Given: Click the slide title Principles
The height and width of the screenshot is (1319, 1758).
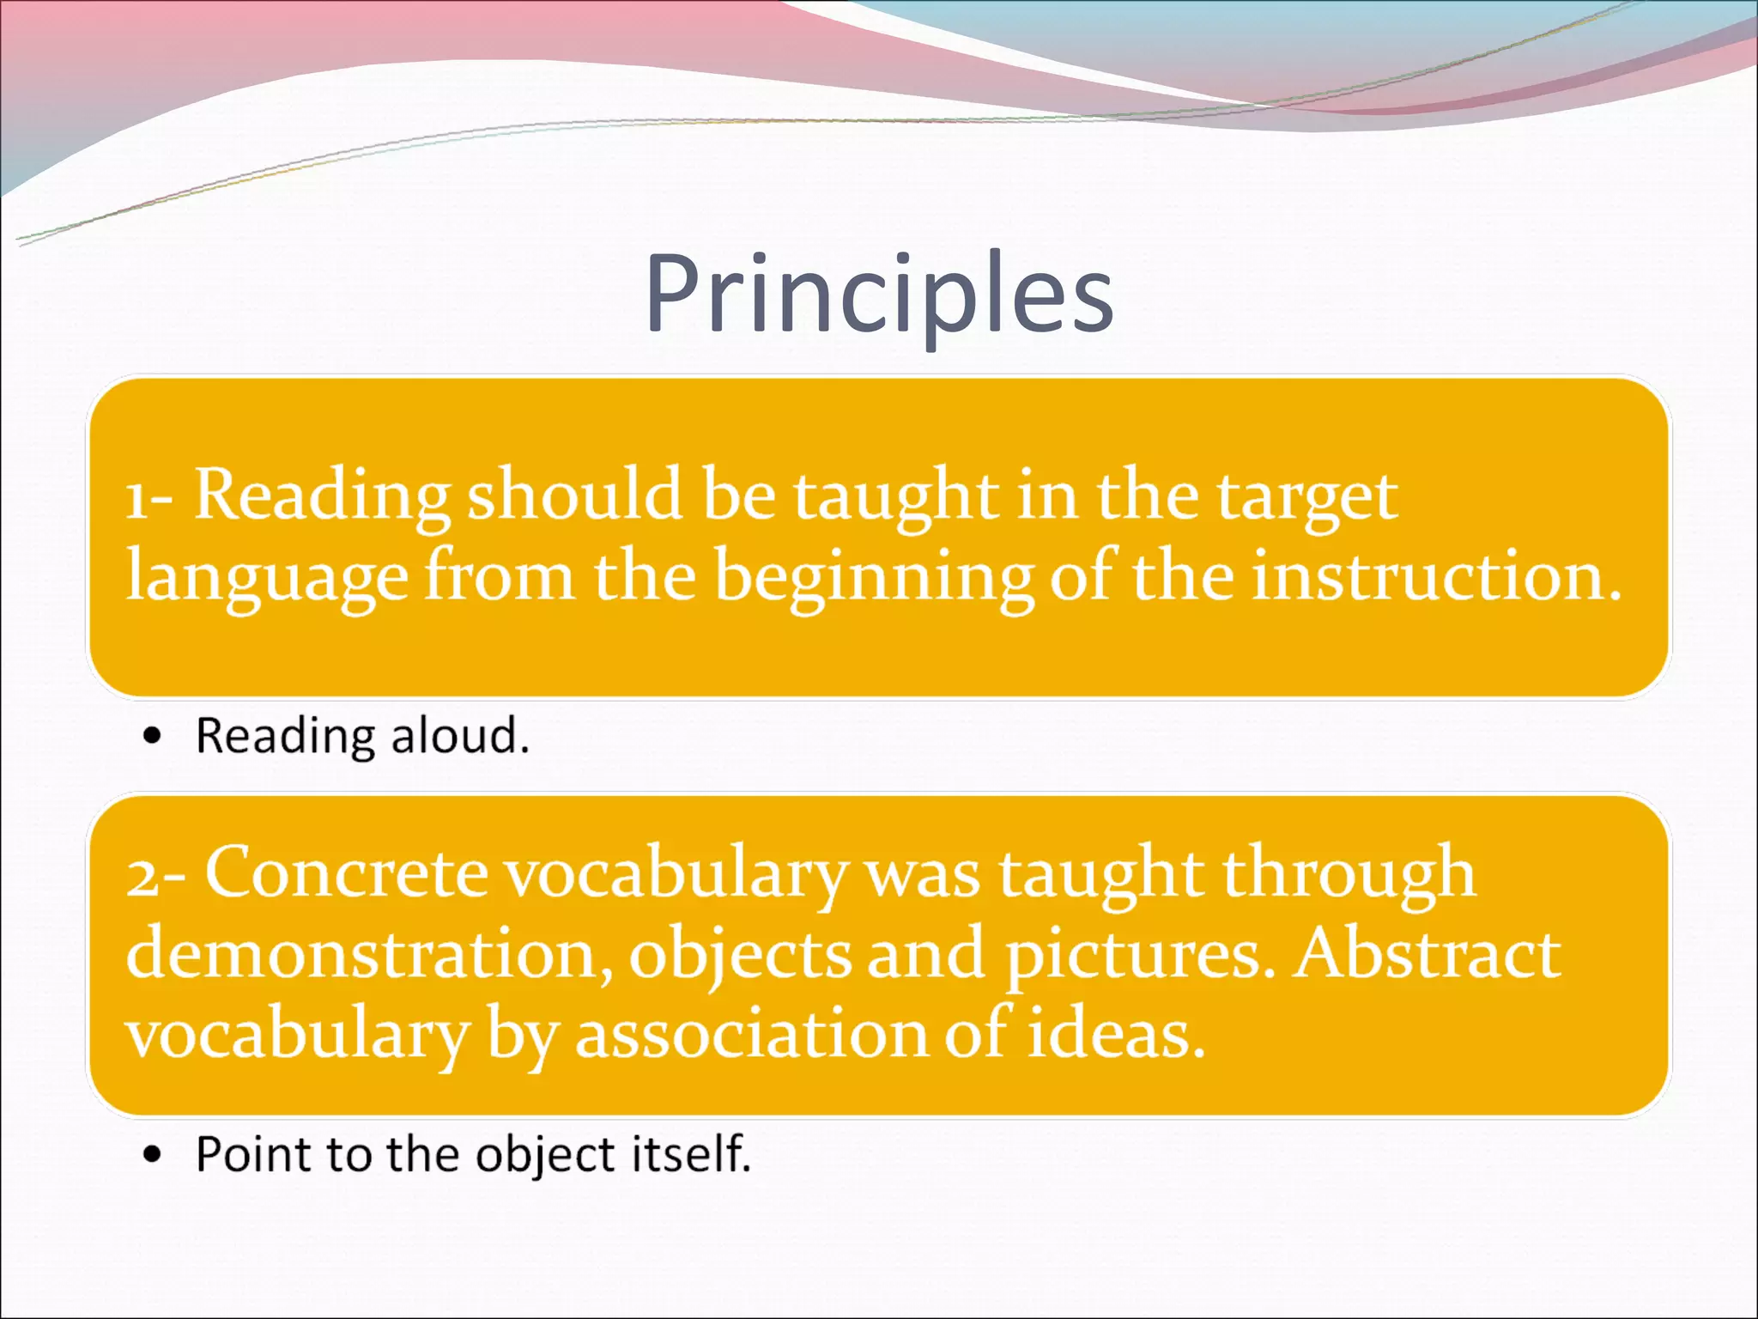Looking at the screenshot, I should click(879, 294).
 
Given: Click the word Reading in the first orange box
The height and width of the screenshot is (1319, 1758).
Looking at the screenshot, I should click(322, 495).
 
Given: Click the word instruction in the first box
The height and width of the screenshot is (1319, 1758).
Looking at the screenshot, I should click(1435, 577).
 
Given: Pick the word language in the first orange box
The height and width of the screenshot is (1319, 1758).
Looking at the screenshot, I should click(266, 577).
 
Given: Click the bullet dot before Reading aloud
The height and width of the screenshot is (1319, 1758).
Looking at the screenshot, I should click(153, 736).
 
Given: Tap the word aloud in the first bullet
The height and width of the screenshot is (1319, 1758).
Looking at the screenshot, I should click(460, 736).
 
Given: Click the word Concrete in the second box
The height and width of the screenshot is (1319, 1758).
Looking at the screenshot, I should click(346, 873).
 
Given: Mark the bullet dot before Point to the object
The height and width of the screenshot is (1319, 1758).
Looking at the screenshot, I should click(153, 1155).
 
